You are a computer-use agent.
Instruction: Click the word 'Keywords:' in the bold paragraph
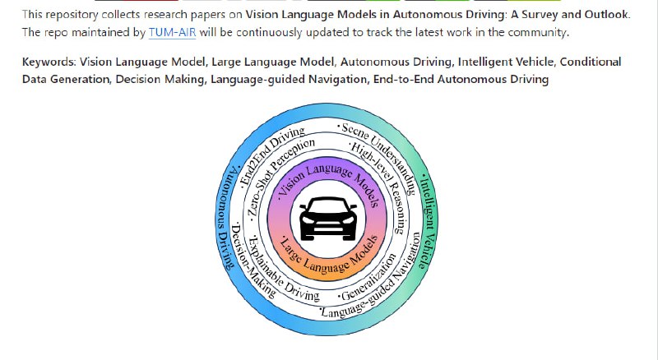pos(49,62)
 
